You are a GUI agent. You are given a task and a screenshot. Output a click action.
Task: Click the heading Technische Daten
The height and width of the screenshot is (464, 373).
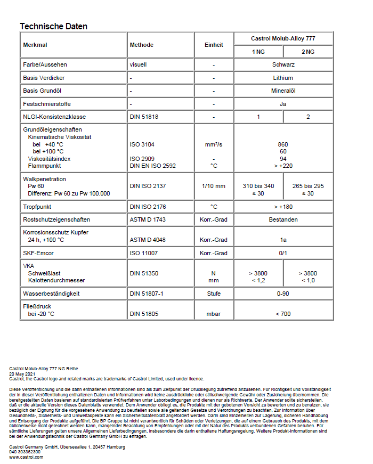pos(53,26)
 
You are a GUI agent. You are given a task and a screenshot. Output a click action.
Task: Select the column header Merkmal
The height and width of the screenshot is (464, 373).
pos(35,45)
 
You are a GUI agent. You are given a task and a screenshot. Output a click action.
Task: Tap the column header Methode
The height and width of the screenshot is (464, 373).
pos(141,45)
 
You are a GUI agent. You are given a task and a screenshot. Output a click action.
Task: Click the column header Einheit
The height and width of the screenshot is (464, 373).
pos(214,45)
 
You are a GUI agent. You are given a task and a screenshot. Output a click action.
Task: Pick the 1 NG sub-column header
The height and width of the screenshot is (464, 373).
pos(258,52)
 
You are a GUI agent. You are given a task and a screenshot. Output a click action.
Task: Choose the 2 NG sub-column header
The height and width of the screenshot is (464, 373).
pos(308,52)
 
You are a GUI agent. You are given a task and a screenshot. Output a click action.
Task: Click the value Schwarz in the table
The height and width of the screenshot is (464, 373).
pos(283,64)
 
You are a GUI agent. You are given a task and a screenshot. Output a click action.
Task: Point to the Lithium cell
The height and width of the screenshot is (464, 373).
pos(283,78)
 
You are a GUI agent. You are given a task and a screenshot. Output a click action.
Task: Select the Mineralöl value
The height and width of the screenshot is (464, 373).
pos(283,91)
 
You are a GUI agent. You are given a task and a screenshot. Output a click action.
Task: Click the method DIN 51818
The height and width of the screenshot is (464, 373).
pos(144,117)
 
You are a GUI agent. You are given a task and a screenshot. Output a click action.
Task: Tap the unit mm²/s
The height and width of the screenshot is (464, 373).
pos(214,144)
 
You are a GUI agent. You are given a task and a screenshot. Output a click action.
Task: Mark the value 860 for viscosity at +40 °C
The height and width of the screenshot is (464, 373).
pos(283,144)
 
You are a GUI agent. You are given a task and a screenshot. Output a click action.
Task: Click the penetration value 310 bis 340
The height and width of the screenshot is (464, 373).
pos(258,186)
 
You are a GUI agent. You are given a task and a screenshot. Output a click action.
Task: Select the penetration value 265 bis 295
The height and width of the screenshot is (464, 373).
pos(308,186)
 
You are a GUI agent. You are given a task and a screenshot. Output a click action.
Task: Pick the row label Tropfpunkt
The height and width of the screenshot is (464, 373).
pos(37,206)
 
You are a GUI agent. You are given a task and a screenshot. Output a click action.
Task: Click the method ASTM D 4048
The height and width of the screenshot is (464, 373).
pos(148,240)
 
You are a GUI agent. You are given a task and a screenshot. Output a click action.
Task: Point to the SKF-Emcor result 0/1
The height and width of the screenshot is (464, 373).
pos(283,253)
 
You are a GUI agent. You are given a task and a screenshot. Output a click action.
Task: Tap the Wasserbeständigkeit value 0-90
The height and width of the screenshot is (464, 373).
pos(283,294)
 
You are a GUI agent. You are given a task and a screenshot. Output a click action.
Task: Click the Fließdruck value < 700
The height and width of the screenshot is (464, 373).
pos(283,314)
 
